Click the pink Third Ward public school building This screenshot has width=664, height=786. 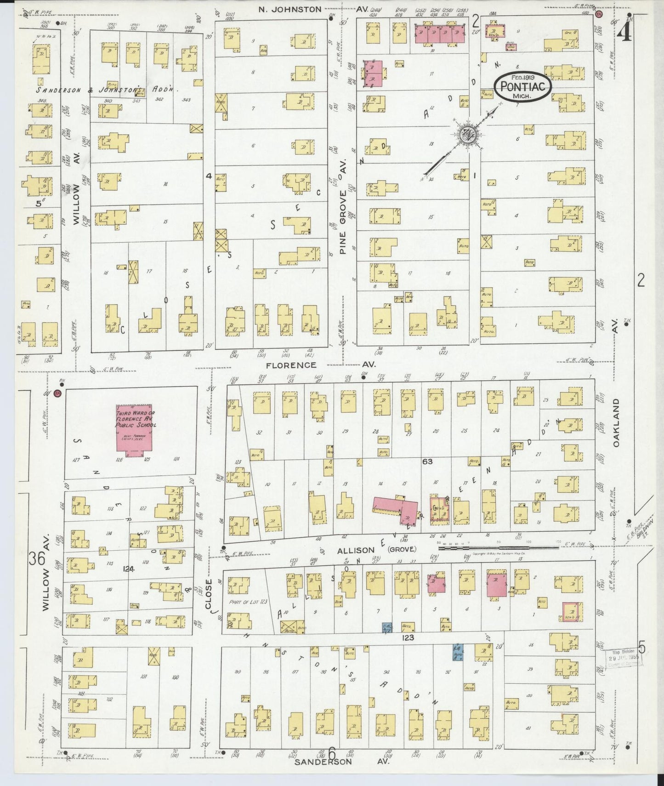135,431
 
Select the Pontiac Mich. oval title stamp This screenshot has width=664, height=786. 522,86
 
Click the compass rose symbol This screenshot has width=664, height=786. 467,134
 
